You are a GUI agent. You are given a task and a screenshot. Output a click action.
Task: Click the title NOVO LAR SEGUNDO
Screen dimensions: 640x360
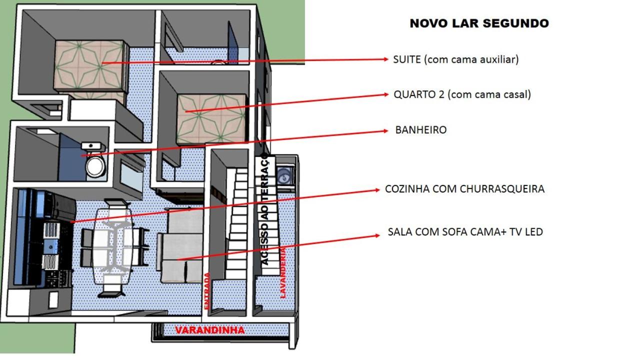tap(479, 23)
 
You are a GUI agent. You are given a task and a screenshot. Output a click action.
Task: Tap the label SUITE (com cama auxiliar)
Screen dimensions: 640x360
tap(455, 59)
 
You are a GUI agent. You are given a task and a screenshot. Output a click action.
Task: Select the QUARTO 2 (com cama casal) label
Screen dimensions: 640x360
tap(462, 94)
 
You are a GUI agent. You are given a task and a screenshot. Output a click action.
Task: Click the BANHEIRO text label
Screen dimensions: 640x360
tap(421, 130)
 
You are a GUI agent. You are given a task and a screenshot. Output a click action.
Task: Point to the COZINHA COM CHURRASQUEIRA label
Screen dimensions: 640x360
tap(464, 189)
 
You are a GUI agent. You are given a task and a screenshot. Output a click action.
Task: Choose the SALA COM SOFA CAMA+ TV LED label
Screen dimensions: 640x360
tap(465, 231)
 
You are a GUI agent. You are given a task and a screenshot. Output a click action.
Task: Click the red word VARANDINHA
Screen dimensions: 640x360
tap(210, 330)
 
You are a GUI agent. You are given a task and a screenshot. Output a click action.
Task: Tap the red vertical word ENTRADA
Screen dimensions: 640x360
tap(207, 291)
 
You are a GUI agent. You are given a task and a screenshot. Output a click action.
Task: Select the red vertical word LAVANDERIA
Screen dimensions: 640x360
tap(283, 273)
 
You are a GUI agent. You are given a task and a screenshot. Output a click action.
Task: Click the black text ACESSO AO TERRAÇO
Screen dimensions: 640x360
tap(265, 210)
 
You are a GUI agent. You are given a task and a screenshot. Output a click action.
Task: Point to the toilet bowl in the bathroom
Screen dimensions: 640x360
tap(96, 166)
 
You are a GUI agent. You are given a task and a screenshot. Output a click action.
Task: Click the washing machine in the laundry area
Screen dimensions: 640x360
tap(285, 175)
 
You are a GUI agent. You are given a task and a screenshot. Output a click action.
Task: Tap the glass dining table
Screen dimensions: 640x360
tap(113, 245)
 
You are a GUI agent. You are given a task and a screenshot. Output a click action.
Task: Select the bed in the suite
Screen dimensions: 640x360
tap(90, 67)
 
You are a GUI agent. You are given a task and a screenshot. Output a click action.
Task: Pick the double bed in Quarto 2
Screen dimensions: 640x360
tap(211, 118)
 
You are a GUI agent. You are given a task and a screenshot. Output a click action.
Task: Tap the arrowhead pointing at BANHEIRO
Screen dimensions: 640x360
tap(385, 131)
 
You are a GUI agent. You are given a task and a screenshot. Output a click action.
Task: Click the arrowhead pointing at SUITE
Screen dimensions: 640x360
tap(385, 59)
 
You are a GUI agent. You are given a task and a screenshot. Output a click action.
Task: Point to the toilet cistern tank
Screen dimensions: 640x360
tap(91, 146)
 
